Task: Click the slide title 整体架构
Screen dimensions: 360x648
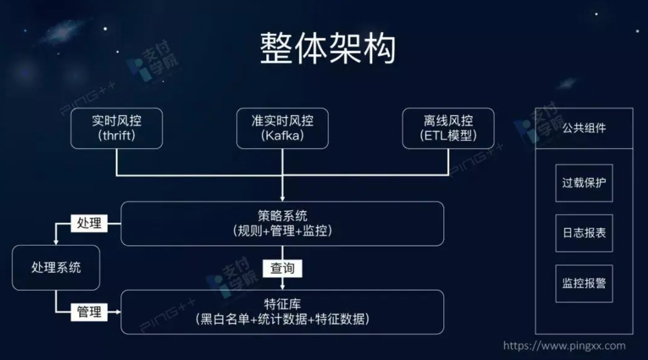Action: pyautogui.click(x=328, y=49)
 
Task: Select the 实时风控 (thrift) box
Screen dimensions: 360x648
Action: pyautogui.click(x=116, y=128)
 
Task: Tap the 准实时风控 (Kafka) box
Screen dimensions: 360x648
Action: pyautogui.click(x=282, y=128)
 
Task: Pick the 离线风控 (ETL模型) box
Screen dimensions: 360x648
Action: pyautogui.click(x=448, y=128)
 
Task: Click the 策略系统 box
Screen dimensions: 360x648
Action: pyautogui.click(x=282, y=223)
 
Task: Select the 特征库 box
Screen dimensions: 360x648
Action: pyautogui.click(x=282, y=312)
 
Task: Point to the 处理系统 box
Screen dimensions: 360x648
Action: pyautogui.click(x=56, y=267)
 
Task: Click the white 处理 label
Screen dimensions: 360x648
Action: pyautogui.click(x=89, y=223)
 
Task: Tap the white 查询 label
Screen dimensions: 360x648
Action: pyautogui.click(x=282, y=268)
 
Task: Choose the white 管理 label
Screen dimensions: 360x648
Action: pyautogui.click(x=89, y=312)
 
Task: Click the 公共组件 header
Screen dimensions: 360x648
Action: pyautogui.click(x=584, y=128)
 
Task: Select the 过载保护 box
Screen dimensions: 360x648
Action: pyautogui.click(x=584, y=183)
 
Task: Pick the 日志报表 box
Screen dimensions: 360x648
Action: pyautogui.click(x=584, y=233)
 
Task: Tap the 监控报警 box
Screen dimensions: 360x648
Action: pyautogui.click(x=584, y=283)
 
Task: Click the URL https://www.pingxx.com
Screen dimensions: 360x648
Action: pyautogui.click(x=564, y=346)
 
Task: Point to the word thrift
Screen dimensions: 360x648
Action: pyautogui.click(x=116, y=136)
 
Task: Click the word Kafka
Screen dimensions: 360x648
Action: pyautogui.click(x=282, y=136)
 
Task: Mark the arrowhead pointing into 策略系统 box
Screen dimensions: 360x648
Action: pyautogui.click(x=282, y=198)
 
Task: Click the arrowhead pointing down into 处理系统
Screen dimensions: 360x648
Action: pyautogui.click(x=56, y=242)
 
